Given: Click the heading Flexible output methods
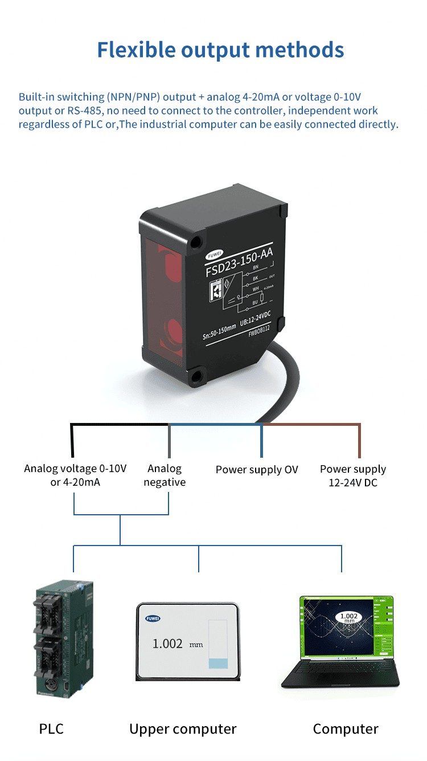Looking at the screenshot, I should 220,50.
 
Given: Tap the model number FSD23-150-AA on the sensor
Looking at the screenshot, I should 239,264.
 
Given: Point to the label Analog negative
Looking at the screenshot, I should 165,475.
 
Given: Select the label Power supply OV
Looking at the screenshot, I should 257,470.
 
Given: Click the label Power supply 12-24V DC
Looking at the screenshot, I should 353,475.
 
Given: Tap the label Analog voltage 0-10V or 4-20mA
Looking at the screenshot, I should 75,475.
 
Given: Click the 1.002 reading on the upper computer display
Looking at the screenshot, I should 167,644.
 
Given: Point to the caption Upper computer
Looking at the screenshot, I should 183,729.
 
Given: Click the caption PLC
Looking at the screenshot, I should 51,729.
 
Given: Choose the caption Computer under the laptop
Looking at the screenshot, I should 346,729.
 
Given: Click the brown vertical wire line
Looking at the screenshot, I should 359,441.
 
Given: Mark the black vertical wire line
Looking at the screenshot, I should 72,441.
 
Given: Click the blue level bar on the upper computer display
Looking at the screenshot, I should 218,663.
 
